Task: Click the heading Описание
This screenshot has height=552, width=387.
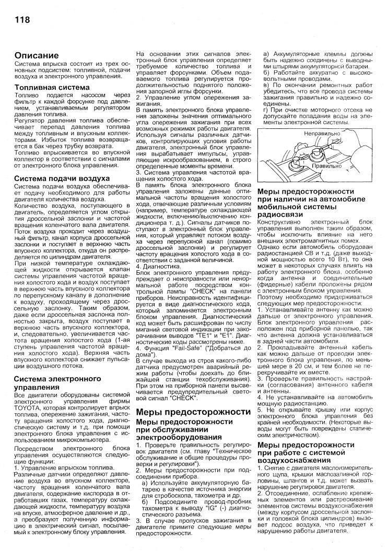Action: click(36, 55)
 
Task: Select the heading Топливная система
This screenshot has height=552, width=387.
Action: click(48, 88)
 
